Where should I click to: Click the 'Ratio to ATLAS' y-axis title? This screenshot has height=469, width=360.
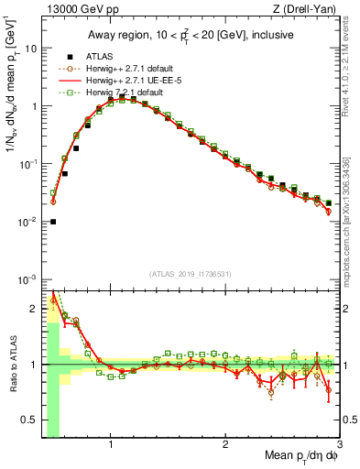(x=12, y=364)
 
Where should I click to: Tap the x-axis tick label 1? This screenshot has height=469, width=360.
(x=111, y=446)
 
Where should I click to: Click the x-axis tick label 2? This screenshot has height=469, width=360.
(x=225, y=446)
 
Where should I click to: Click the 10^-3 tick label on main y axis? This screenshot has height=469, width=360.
(x=28, y=278)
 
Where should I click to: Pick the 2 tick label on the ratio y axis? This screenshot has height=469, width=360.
(x=32, y=309)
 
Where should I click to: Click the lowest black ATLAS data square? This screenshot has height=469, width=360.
(x=53, y=221)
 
